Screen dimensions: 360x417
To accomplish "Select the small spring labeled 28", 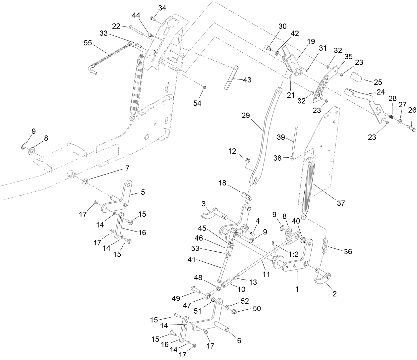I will click(x=391, y=117).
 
